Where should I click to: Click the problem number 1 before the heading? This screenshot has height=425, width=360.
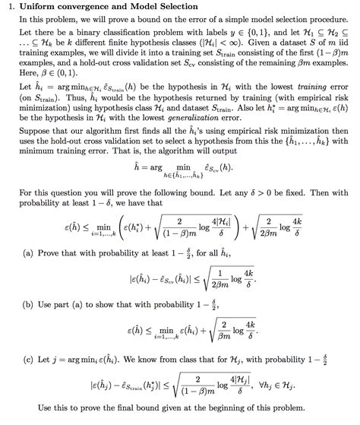[6, 7]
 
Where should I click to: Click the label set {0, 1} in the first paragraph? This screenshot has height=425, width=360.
[248, 35]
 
